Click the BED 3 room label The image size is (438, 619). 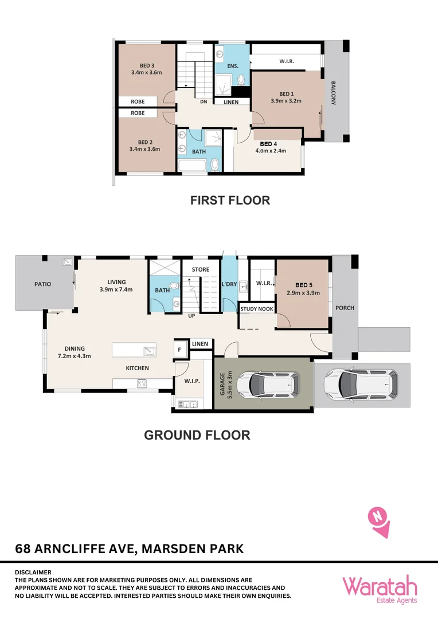146,65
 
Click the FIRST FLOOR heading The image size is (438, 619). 230,201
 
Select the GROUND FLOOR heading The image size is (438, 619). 197,435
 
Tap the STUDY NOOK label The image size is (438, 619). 256,308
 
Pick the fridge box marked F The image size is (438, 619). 179,348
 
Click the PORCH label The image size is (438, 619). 345,308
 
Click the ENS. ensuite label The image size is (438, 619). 233,66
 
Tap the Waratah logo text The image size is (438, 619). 380,586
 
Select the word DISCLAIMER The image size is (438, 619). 33,572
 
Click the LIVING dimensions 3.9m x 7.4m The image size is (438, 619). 116,289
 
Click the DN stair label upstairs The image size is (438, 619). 203,102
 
